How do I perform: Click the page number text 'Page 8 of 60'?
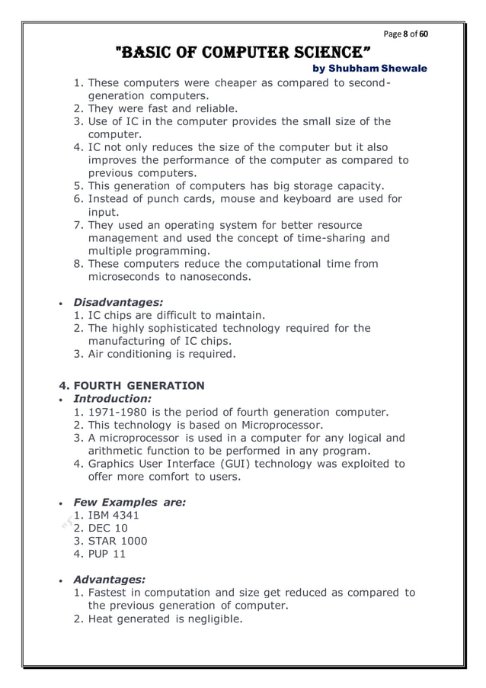click(x=406, y=35)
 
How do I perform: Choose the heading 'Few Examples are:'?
click(x=129, y=502)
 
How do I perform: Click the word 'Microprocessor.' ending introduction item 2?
click(x=282, y=425)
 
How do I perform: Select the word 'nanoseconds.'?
click(x=214, y=277)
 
